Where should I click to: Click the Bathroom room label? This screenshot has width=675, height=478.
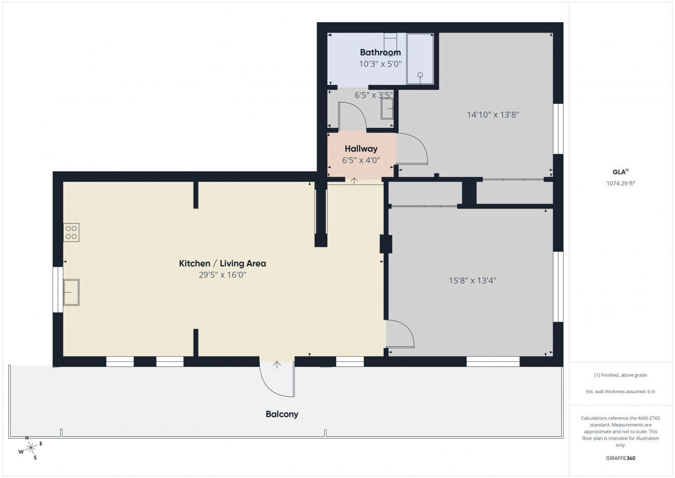tap(380, 53)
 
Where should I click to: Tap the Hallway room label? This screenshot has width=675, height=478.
tap(361, 149)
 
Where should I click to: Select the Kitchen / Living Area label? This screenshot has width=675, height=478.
tap(222, 263)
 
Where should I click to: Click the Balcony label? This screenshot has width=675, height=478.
tap(282, 414)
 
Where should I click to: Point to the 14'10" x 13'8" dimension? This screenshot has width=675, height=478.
tap(493, 115)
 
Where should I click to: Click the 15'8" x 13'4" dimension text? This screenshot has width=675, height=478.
tap(473, 281)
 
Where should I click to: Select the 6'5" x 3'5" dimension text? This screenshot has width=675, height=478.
tap(374, 95)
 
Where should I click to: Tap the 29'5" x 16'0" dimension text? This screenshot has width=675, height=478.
tap(222, 275)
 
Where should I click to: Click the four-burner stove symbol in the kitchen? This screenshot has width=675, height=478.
tap(71, 232)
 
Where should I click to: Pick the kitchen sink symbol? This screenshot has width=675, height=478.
tap(71, 293)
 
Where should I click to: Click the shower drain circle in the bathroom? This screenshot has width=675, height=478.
tap(420, 75)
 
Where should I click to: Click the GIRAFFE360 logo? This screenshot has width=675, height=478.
tap(621, 458)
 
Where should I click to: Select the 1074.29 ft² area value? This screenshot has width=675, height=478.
tap(621, 183)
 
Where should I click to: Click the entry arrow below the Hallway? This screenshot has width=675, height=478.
tap(354, 181)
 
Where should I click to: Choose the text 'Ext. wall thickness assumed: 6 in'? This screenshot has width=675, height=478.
tap(621, 391)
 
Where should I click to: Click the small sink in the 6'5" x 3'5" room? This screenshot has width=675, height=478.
tap(387, 108)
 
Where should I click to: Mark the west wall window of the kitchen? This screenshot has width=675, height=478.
tap(58, 290)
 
